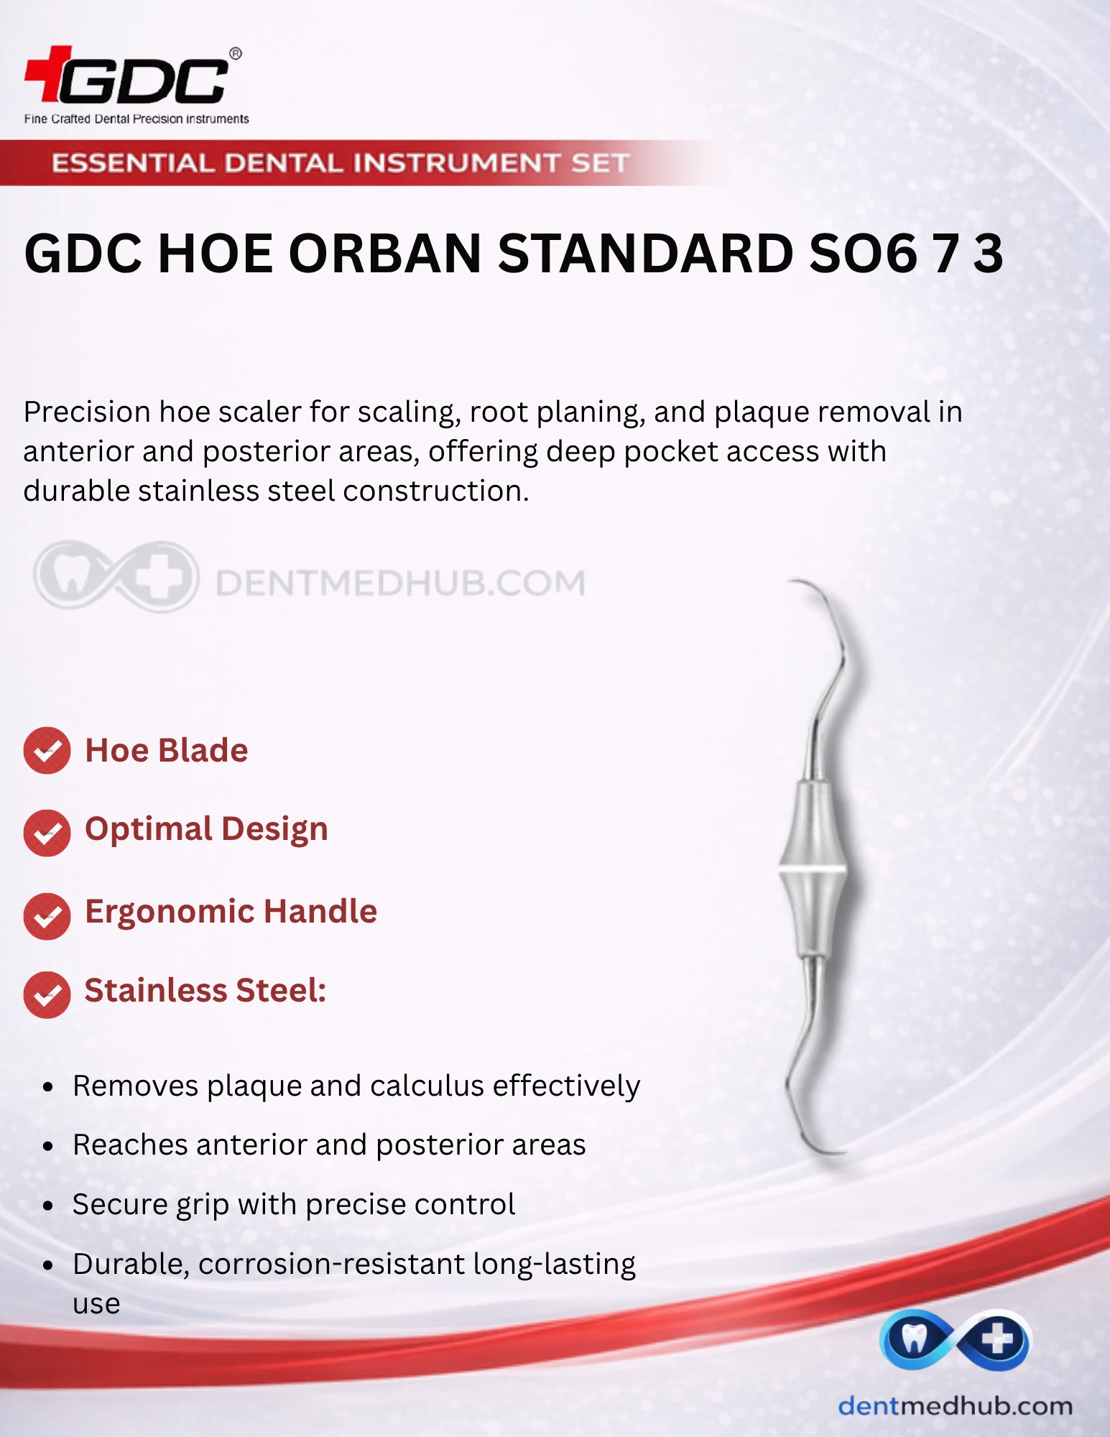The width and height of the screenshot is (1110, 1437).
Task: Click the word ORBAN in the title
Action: click(x=385, y=254)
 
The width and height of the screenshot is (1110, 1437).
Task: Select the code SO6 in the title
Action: click(x=863, y=254)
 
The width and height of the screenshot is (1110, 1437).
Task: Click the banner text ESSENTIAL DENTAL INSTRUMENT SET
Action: click(x=341, y=163)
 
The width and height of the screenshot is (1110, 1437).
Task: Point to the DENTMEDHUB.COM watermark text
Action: click(x=400, y=583)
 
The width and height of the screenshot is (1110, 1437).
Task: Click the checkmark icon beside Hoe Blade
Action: click(x=47, y=751)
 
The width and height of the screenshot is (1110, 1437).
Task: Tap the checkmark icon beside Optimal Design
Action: click(x=47, y=833)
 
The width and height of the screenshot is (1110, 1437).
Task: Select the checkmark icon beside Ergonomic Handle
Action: click(x=47, y=915)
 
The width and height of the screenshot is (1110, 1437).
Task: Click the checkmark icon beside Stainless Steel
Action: click(x=47, y=994)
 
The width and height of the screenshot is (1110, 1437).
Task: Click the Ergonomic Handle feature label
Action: click(x=231, y=912)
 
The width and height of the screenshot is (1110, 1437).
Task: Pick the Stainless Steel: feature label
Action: click(x=205, y=990)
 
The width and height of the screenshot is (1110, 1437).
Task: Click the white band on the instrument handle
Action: click(x=813, y=871)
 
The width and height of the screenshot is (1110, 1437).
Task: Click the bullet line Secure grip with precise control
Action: click(x=294, y=1205)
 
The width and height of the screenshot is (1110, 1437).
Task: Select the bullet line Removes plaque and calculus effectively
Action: click(x=356, y=1086)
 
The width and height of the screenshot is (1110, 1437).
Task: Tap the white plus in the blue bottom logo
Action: click(x=997, y=1339)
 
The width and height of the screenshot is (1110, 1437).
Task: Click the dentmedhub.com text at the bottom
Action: click(x=956, y=1406)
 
